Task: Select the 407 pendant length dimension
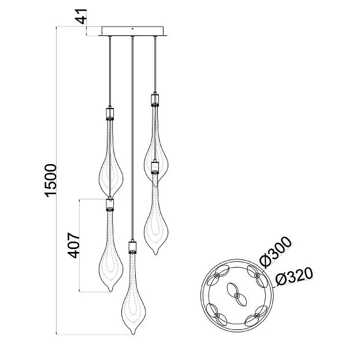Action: pos(73,246)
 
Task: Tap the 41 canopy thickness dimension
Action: pos(81,17)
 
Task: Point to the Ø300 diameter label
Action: pos(276,252)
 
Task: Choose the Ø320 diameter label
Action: pos(294,276)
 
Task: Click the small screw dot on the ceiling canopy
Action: pos(132,29)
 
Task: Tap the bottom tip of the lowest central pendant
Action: pos(133,334)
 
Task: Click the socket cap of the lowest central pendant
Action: pos(132,247)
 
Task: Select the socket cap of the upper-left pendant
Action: pos(110,114)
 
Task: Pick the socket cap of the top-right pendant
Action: pos(155,100)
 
